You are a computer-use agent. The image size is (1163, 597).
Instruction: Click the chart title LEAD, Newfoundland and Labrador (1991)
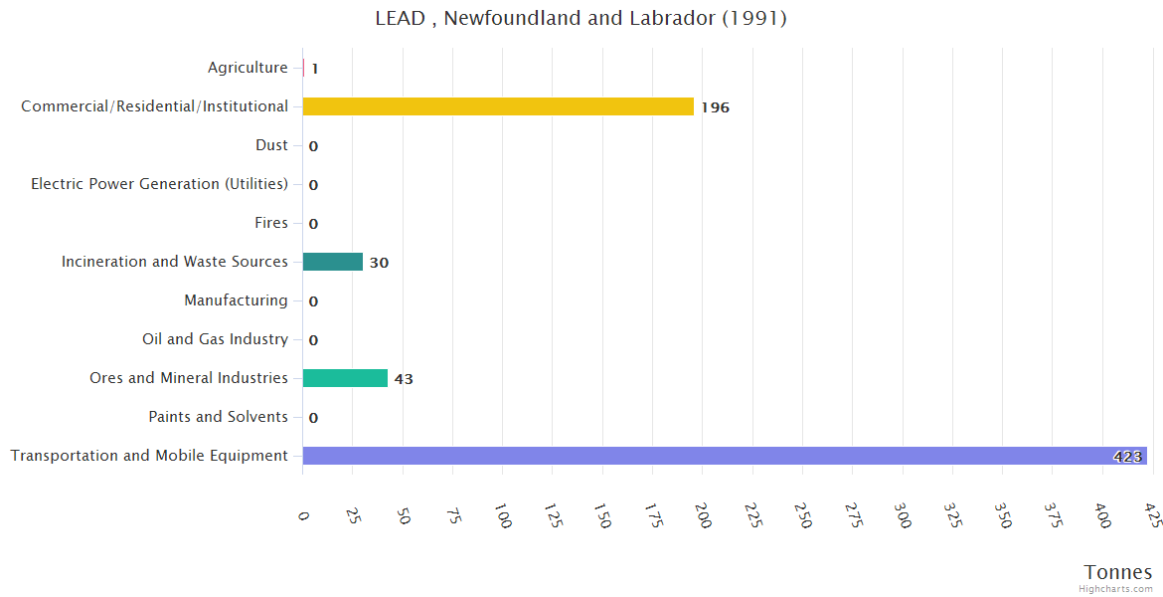coord(581,19)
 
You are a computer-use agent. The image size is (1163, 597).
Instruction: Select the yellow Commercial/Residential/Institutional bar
coord(497,106)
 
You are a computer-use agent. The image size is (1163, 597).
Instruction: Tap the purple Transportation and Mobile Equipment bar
coord(724,456)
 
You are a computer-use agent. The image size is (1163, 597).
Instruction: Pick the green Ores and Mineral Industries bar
coord(345,378)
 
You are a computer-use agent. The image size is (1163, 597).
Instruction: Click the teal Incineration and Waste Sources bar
coord(333,262)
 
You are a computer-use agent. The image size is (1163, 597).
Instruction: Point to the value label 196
coord(715,107)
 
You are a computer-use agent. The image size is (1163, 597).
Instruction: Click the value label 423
coord(1127,457)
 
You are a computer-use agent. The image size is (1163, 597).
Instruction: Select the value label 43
coord(404,379)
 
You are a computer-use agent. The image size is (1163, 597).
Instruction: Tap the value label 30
coord(379,263)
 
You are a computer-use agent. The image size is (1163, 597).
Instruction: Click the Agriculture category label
coord(248,68)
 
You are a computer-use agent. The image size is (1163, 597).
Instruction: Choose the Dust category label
coord(271,145)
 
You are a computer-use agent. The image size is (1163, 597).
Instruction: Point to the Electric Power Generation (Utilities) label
coord(159,184)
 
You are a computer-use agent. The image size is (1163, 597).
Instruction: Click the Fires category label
coord(270,223)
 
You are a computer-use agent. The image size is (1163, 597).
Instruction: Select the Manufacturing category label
coord(236,300)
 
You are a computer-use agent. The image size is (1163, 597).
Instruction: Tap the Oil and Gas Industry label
coord(215,339)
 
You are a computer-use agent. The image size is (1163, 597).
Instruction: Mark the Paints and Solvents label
coord(218,417)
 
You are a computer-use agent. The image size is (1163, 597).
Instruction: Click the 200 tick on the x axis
coord(702,516)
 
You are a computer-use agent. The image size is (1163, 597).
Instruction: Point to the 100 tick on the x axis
coord(502,516)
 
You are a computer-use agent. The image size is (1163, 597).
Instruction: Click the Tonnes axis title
coord(1117,572)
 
